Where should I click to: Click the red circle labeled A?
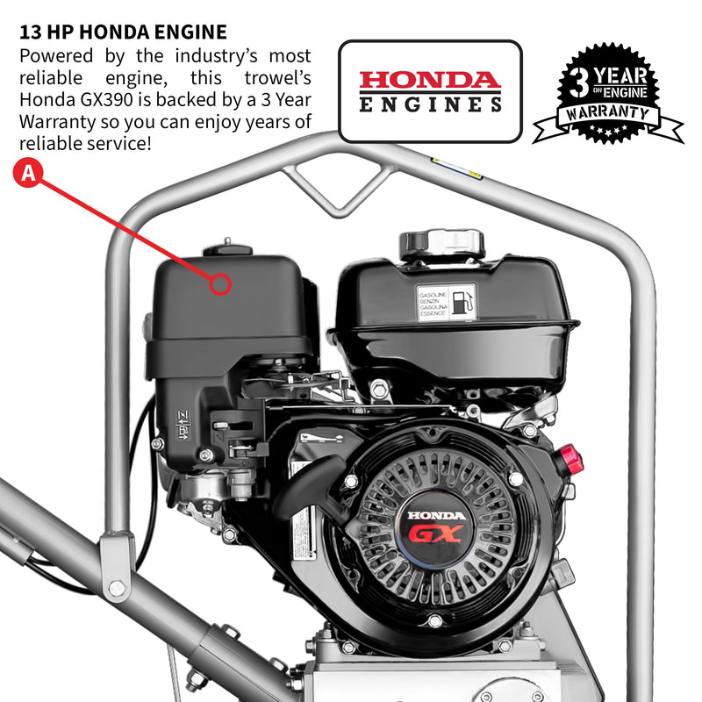point(28,173)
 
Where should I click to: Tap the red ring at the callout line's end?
point(221,283)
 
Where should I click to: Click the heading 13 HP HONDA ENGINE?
point(123,32)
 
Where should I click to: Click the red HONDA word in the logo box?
point(429,80)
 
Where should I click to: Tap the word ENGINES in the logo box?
point(429,104)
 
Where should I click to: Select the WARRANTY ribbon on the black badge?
point(608,115)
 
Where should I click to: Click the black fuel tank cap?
point(442,244)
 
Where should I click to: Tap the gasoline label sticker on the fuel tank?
point(446,302)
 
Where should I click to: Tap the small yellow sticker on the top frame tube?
point(456,168)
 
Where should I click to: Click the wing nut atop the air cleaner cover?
point(226,245)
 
